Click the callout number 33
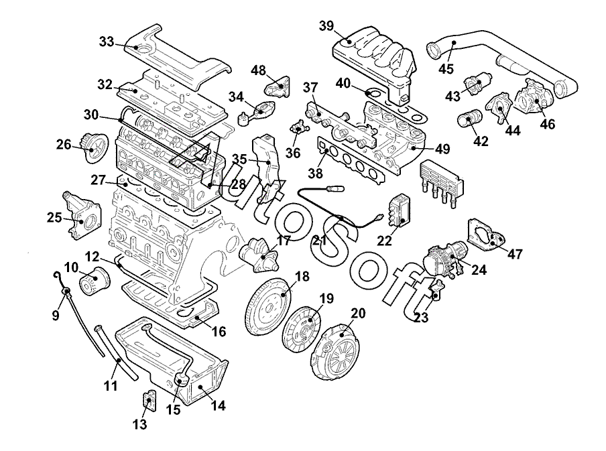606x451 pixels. (x=107, y=42)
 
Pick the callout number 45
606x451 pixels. (x=446, y=69)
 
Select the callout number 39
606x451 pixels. (x=326, y=26)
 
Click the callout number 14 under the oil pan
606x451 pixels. (x=218, y=405)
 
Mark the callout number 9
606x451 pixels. (x=55, y=316)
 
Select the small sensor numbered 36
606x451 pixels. (x=298, y=127)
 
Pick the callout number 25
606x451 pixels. (x=54, y=218)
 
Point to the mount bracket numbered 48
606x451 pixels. (x=278, y=86)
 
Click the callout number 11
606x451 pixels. (x=111, y=385)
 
